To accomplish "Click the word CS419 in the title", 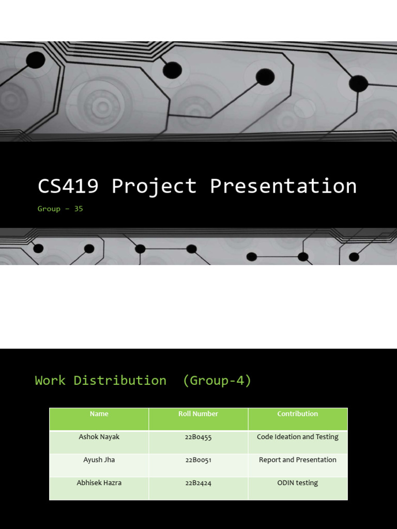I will [x=68, y=186].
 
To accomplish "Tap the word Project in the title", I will [x=154, y=186].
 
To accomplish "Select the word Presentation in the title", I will [x=283, y=186].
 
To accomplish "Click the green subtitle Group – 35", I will [x=60, y=209].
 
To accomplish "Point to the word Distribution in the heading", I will [x=120, y=381].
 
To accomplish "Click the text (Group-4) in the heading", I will [x=217, y=381].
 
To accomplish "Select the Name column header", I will [x=99, y=414].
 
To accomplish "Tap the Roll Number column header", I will [x=198, y=414].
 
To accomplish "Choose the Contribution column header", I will [x=297, y=414].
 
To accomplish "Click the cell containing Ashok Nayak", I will [x=99, y=437].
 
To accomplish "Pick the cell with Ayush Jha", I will [x=99, y=460].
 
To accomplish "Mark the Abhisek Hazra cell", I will [x=99, y=483].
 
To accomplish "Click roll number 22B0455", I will [x=198, y=437].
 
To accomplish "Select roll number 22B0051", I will [x=198, y=460].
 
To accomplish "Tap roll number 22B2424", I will [x=198, y=483].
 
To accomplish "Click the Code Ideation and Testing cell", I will [x=297, y=437].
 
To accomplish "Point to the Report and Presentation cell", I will [x=297, y=460].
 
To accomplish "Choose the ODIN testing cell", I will [x=297, y=483].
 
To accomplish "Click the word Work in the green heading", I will [x=50, y=381].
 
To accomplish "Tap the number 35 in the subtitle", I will [x=78, y=209].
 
